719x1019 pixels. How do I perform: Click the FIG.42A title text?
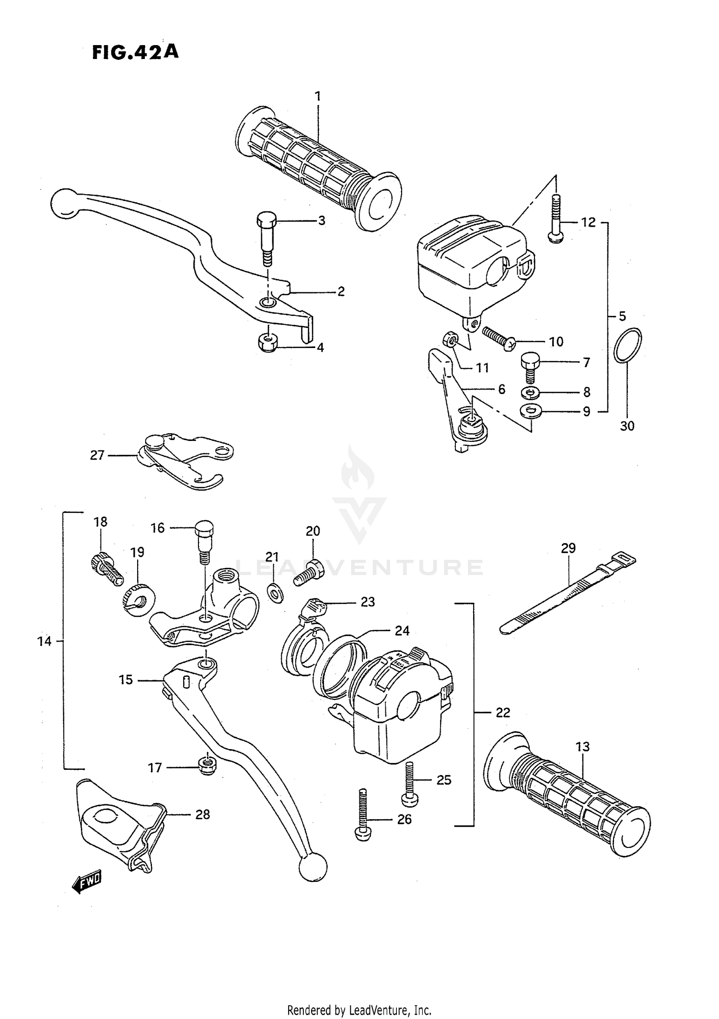(x=135, y=52)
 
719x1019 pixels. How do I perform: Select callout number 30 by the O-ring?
(x=627, y=426)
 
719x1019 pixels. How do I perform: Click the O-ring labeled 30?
(x=627, y=346)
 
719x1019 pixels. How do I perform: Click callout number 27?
(x=97, y=455)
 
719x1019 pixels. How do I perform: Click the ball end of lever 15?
(x=313, y=867)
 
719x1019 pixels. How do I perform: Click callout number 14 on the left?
(x=44, y=641)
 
